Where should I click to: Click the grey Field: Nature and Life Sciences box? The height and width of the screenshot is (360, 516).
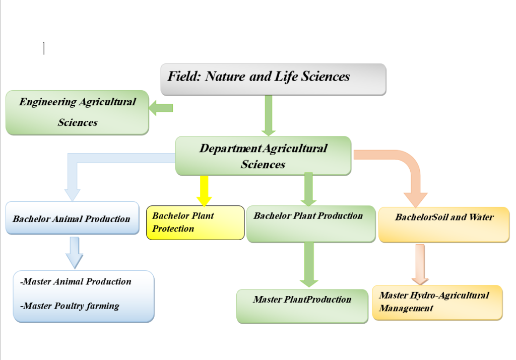[273, 80]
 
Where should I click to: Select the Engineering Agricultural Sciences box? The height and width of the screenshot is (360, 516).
[77, 112]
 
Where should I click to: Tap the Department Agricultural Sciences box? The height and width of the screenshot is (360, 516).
[263, 156]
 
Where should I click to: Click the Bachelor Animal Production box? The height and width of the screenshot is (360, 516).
[73, 218]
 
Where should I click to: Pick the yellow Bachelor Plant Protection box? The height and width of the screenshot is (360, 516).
[195, 223]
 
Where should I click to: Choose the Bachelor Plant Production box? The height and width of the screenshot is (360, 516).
[311, 224]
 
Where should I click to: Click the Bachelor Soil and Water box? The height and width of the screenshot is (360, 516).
[444, 225]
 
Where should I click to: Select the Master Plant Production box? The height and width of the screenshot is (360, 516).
[302, 307]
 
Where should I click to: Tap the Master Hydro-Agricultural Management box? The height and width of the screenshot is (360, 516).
[437, 303]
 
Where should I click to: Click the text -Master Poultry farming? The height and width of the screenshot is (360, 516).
[70, 306]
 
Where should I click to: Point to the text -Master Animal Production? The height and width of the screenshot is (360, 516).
[76, 281]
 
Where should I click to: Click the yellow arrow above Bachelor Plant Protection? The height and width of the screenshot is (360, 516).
[204, 191]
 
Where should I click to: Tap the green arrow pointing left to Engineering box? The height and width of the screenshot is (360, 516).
[161, 108]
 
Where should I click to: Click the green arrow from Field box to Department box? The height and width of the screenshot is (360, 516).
[269, 116]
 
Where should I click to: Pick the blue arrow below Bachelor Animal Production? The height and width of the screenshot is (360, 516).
[75, 252]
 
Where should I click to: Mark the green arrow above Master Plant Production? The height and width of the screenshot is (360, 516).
[309, 265]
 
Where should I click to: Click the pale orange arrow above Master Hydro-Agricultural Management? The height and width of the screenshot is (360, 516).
[420, 264]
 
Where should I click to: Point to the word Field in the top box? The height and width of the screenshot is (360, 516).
[184, 76]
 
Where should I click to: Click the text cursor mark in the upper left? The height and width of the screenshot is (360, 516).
[44, 48]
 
